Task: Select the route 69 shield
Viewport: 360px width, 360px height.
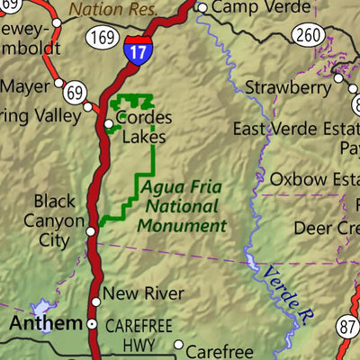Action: click(75, 92)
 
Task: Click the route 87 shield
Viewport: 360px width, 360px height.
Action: click(350, 327)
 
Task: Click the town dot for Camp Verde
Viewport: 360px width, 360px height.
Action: click(202, 8)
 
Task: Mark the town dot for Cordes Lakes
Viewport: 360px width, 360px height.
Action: click(109, 123)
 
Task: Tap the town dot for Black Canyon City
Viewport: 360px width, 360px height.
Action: click(90, 231)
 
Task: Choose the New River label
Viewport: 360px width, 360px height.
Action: click(143, 293)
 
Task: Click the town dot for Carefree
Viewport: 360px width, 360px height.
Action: click(179, 345)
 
